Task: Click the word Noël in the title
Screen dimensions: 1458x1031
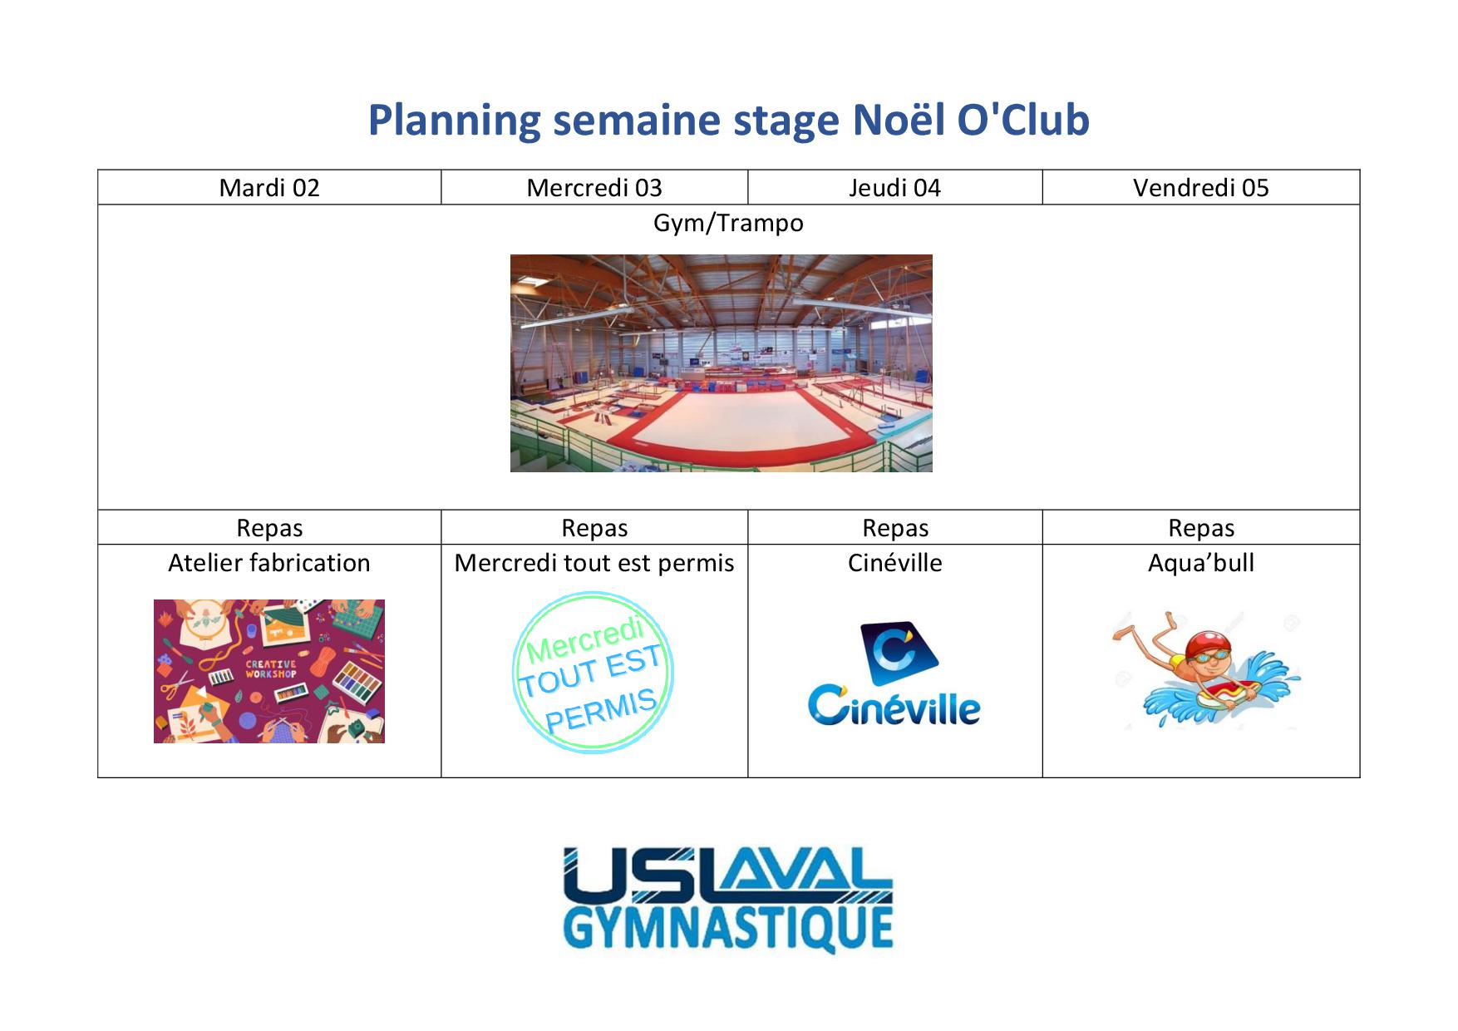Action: click(x=899, y=120)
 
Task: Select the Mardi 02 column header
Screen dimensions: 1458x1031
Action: click(x=269, y=188)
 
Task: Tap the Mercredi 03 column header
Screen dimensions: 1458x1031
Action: click(x=594, y=188)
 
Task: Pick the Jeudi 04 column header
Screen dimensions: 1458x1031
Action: click(x=895, y=188)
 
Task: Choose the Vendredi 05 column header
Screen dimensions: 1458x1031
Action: click(x=1201, y=188)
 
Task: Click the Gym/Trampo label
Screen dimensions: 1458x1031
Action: click(x=728, y=223)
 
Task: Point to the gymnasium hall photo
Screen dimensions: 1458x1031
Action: click(x=722, y=363)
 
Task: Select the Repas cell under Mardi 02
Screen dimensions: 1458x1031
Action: click(x=269, y=528)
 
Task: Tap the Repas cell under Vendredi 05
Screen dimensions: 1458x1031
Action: click(x=1201, y=528)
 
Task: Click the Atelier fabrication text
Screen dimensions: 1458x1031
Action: click(x=269, y=563)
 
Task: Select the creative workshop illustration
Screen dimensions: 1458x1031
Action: click(x=269, y=671)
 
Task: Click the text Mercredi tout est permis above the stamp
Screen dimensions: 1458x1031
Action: click(x=594, y=563)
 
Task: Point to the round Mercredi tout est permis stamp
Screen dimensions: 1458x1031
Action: click(x=593, y=673)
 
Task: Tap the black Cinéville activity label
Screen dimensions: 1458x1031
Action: click(x=895, y=563)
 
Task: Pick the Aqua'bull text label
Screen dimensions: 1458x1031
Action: click(x=1201, y=563)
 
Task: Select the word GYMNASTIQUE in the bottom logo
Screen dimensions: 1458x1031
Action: click(x=728, y=929)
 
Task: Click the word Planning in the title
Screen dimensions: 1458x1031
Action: click(x=455, y=121)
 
